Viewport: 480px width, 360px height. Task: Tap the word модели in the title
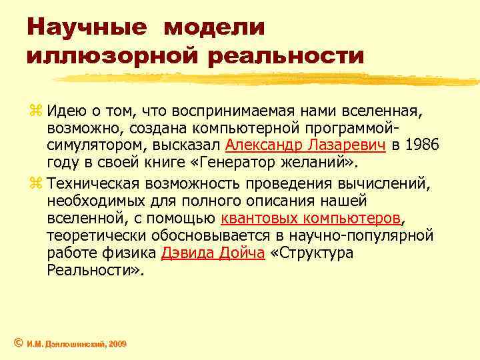click(x=214, y=27)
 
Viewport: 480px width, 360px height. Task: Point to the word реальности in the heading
click(x=287, y=56)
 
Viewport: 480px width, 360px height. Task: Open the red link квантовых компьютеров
click(x=311, y=218)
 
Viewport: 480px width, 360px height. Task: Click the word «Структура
click(x=313, y=254)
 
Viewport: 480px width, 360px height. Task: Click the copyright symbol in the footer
click(x=19, y=343)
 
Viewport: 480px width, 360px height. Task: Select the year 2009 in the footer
click(x=117, y=344)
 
